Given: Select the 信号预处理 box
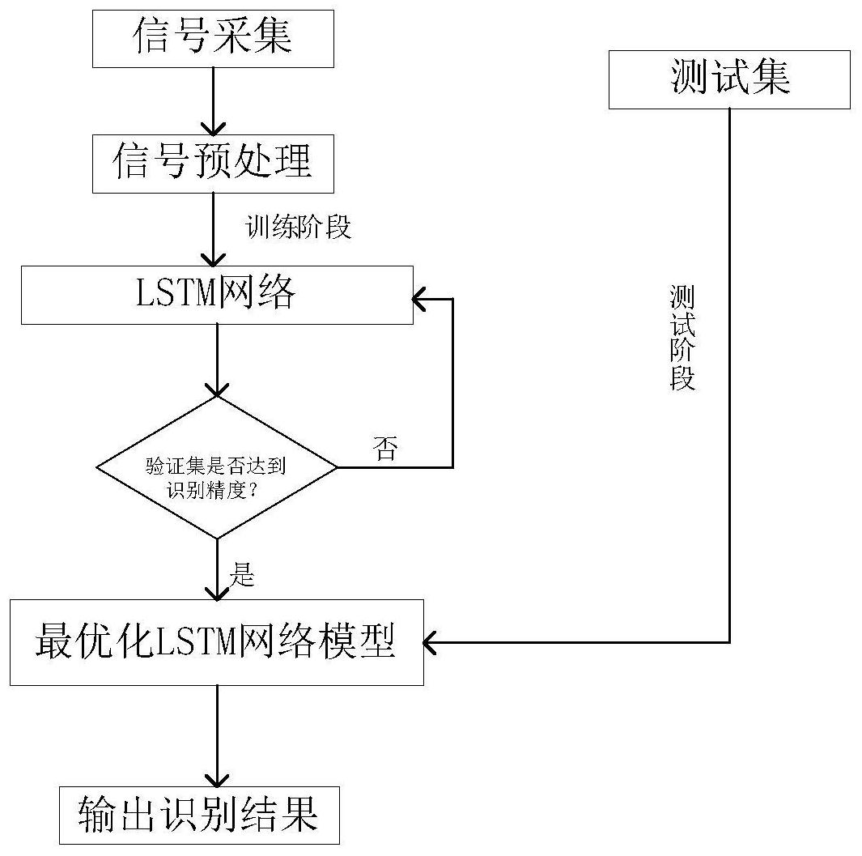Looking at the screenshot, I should [212, 163].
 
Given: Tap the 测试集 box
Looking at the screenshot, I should [729, 79].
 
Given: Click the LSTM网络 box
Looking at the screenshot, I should [217, 295].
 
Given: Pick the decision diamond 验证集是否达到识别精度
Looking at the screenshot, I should [216, 467].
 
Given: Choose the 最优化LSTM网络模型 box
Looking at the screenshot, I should [216, 642].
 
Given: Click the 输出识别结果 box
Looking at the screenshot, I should [198, 815].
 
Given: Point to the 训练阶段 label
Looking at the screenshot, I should [299, 228].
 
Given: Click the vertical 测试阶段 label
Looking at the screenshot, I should [682, 338].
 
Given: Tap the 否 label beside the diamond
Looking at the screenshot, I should [385, 448].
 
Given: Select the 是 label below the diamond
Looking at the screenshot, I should [243, 575].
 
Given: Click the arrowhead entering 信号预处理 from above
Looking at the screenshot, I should [212, 128].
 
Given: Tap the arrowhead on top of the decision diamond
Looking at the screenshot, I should [217, 388].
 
